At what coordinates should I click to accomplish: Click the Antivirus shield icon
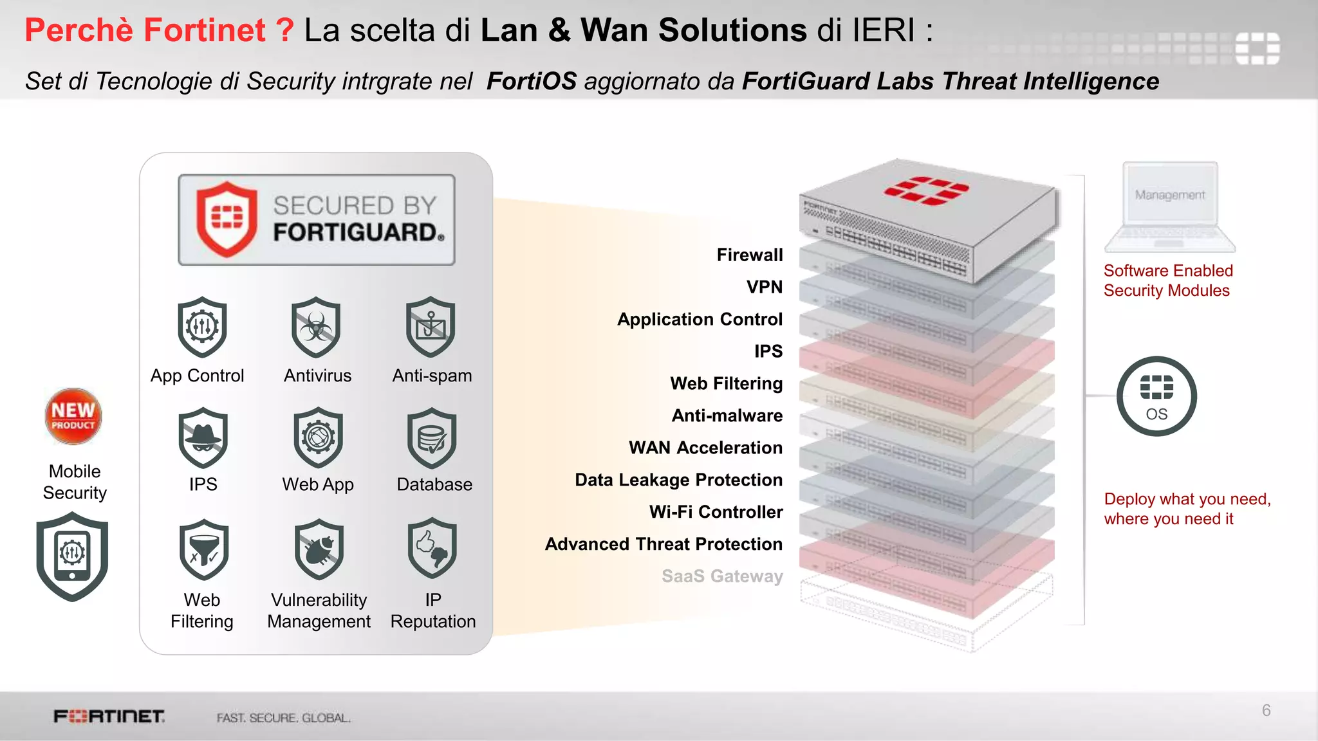tap(316, 327)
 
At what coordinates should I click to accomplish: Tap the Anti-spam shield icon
tap(431, 327)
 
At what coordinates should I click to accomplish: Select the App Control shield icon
tap(203, 327)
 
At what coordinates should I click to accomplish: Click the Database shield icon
tap(432, 438)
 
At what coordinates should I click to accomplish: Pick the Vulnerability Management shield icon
tap(319, 549)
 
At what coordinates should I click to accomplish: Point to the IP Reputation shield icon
tap(432, 548)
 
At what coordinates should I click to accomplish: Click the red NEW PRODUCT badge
tap(73, 416)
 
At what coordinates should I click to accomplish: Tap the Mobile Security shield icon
tap(72, 556)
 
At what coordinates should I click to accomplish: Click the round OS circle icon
tap(1156, 396)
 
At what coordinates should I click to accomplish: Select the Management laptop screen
tap(1170, 194)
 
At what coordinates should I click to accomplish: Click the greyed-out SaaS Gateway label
tap(722, 576)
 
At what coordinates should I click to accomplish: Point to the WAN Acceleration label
tap(705, 448)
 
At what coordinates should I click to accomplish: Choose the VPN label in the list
tap(765, 287)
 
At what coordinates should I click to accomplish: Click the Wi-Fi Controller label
tap(716, 512)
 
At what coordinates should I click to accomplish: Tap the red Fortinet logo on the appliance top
tap(926, 190)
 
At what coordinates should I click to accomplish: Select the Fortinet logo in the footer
tap(109, 717)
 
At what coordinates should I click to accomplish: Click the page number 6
tap(1266, 710)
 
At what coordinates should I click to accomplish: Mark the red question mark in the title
tap(284, 30)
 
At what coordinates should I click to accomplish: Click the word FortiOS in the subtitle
tap(532, 82)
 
